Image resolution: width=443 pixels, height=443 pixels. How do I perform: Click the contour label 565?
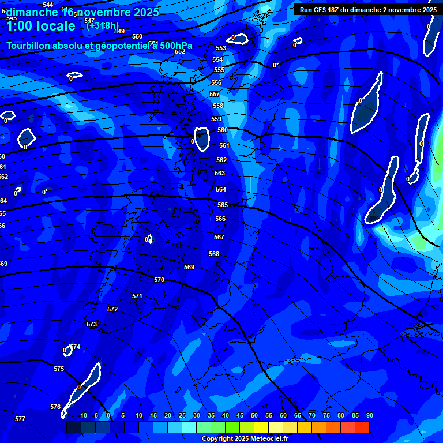pos(223,205)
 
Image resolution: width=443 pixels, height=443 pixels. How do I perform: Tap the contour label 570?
pos(159,280)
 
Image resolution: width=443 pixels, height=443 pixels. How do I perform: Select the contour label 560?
pos(223,130)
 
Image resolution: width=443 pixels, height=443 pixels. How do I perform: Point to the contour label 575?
pos(59,369)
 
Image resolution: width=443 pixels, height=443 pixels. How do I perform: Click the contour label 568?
pos(214,254)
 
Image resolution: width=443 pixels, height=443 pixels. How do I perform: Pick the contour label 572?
pos(112,310)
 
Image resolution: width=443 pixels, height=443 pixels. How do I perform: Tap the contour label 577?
pos(20,419)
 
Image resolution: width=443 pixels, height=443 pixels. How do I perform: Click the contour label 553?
pos(221,48)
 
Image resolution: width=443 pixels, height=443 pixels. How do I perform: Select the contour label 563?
pos(220,173)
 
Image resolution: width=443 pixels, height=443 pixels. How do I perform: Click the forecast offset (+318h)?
pos(102,25)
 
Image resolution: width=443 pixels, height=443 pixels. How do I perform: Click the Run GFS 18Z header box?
pos(368,9)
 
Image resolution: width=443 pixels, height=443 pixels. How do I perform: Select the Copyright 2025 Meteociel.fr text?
pos(245,438)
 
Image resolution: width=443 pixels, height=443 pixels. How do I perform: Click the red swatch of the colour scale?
pos(362,427)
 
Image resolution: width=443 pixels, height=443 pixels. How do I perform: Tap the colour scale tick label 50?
pos(254,416)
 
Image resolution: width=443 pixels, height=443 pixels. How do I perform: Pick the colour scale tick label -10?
pos(82,416)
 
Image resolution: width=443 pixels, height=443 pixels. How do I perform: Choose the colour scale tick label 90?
pos(370,416)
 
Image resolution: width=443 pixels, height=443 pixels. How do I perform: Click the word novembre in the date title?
pos(107,12)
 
